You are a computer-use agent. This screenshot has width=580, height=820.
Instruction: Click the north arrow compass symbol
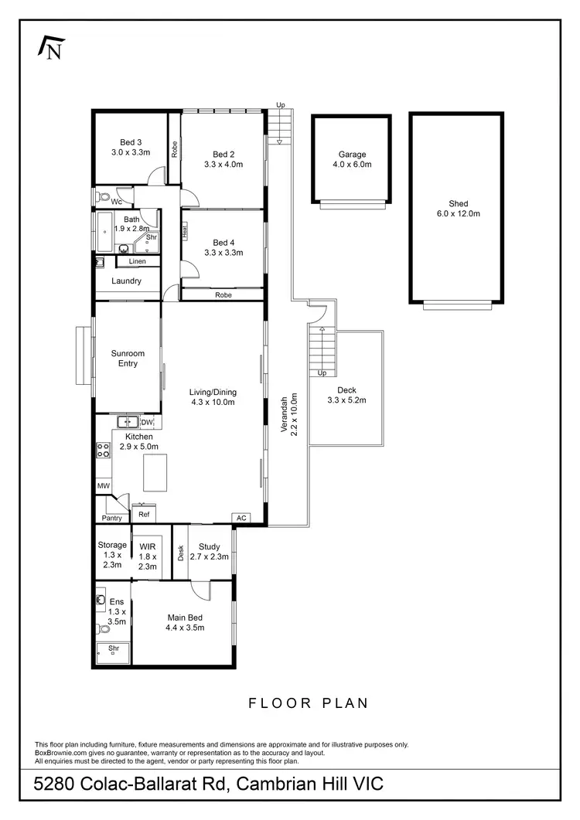click(50, 48)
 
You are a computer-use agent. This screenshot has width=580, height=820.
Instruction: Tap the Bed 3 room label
click(131, 148)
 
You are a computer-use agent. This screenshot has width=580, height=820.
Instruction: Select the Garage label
click(352, 159)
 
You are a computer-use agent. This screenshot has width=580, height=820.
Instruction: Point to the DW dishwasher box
click(147, 422)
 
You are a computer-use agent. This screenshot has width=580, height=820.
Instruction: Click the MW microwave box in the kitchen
click(103, 486)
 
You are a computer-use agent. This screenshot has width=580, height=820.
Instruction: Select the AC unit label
click(241, 518)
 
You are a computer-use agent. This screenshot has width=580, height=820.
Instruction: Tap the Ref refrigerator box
click(144, 514)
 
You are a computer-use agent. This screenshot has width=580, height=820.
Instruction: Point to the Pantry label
click(113, 518)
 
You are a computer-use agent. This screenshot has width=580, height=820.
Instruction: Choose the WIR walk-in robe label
click(147, 556)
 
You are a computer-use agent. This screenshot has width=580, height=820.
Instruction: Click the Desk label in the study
click(180, 553)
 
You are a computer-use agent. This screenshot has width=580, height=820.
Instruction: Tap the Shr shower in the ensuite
click(114, 648)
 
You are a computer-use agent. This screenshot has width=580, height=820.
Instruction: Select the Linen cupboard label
click(137, 261)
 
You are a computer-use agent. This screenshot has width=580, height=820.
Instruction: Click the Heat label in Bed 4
click(185, 230)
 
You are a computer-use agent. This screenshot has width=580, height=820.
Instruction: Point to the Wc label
click(116, 202)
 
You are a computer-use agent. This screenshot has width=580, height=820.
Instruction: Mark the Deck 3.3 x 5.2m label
click(346, 395)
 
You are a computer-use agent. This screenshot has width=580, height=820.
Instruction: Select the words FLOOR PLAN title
click(308, 703)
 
